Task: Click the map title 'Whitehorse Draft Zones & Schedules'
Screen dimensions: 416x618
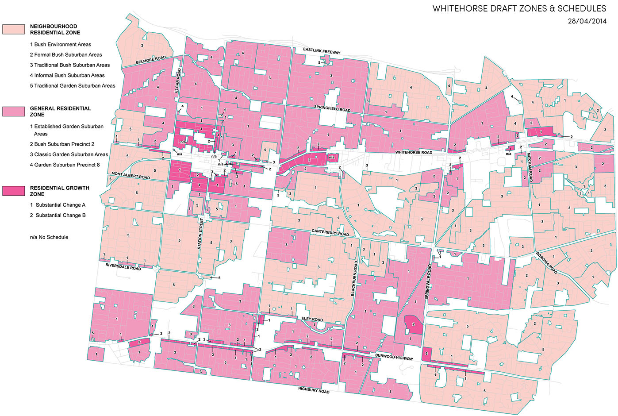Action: coord(519,8)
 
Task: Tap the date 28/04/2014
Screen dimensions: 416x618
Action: coord(587,21)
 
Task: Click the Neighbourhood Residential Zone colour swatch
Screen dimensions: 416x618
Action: coord(13,29)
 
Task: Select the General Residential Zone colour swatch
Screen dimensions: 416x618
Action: coord(13,112)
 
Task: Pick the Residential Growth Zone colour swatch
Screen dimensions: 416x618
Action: coord(13,191)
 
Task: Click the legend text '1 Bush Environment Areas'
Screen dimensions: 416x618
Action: coord(61,44)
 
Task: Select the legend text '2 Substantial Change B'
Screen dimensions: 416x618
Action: coord(58,215)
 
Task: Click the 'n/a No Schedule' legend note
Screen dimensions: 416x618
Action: coord(49,237)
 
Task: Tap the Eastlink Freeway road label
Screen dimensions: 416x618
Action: coord(322,51)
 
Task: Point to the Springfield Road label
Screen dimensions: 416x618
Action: coord(332,108)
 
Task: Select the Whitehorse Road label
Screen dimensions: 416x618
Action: coord(414,152)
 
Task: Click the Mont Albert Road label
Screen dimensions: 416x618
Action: coord(131,176)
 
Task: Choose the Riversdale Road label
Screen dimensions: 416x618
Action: coord(123,267)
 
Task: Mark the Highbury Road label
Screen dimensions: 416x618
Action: coord(314,390)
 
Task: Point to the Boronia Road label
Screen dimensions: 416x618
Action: coord(547,263)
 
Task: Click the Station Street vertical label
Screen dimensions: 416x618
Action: coord(200,233)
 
